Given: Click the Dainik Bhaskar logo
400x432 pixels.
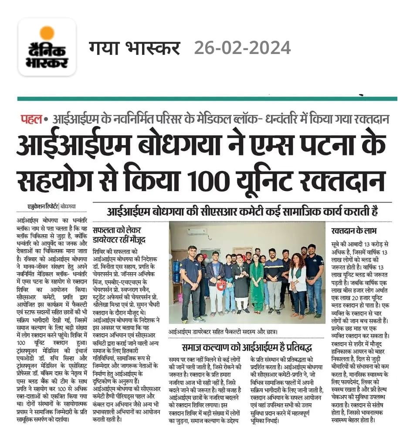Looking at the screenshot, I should (47, 47).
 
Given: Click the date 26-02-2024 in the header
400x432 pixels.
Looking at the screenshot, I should (242, 47).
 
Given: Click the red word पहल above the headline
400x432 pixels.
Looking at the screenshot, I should (31, 118).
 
